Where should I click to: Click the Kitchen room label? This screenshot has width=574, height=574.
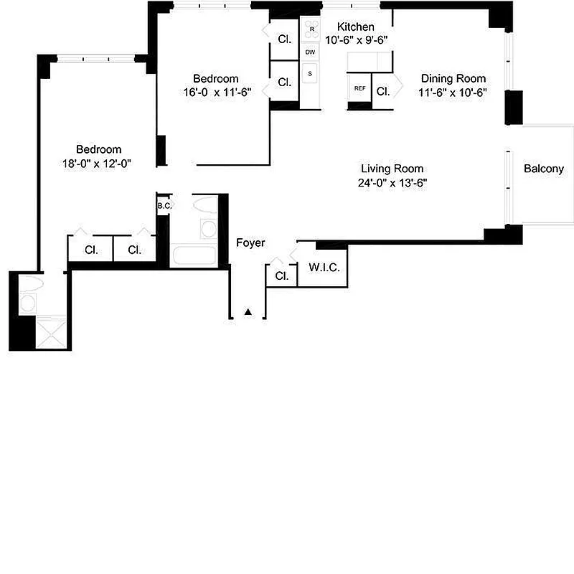pyautogui.click(x=356, y=27)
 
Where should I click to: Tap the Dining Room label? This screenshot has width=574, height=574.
pyautogui.click(x=453, y=79)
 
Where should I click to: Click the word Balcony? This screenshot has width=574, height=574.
pyautogui.click(x=543, y=169)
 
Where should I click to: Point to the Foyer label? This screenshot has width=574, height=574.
pyautogui.click(x=250, y=243)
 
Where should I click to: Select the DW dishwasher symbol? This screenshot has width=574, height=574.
pyautogui.click(x=310, y=52)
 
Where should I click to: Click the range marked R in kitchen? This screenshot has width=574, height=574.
pyautogui.click(x=311, y=29)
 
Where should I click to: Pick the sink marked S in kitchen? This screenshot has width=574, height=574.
pyautogui.click(x=310, y=73)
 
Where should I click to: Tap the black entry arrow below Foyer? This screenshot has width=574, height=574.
pyautogui.click(x=248, y=312)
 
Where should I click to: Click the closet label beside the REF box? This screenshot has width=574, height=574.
pyautogui.click(x=382, y=91)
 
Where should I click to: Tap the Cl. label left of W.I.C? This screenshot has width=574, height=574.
pyautogui.click(x=282, y=276)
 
